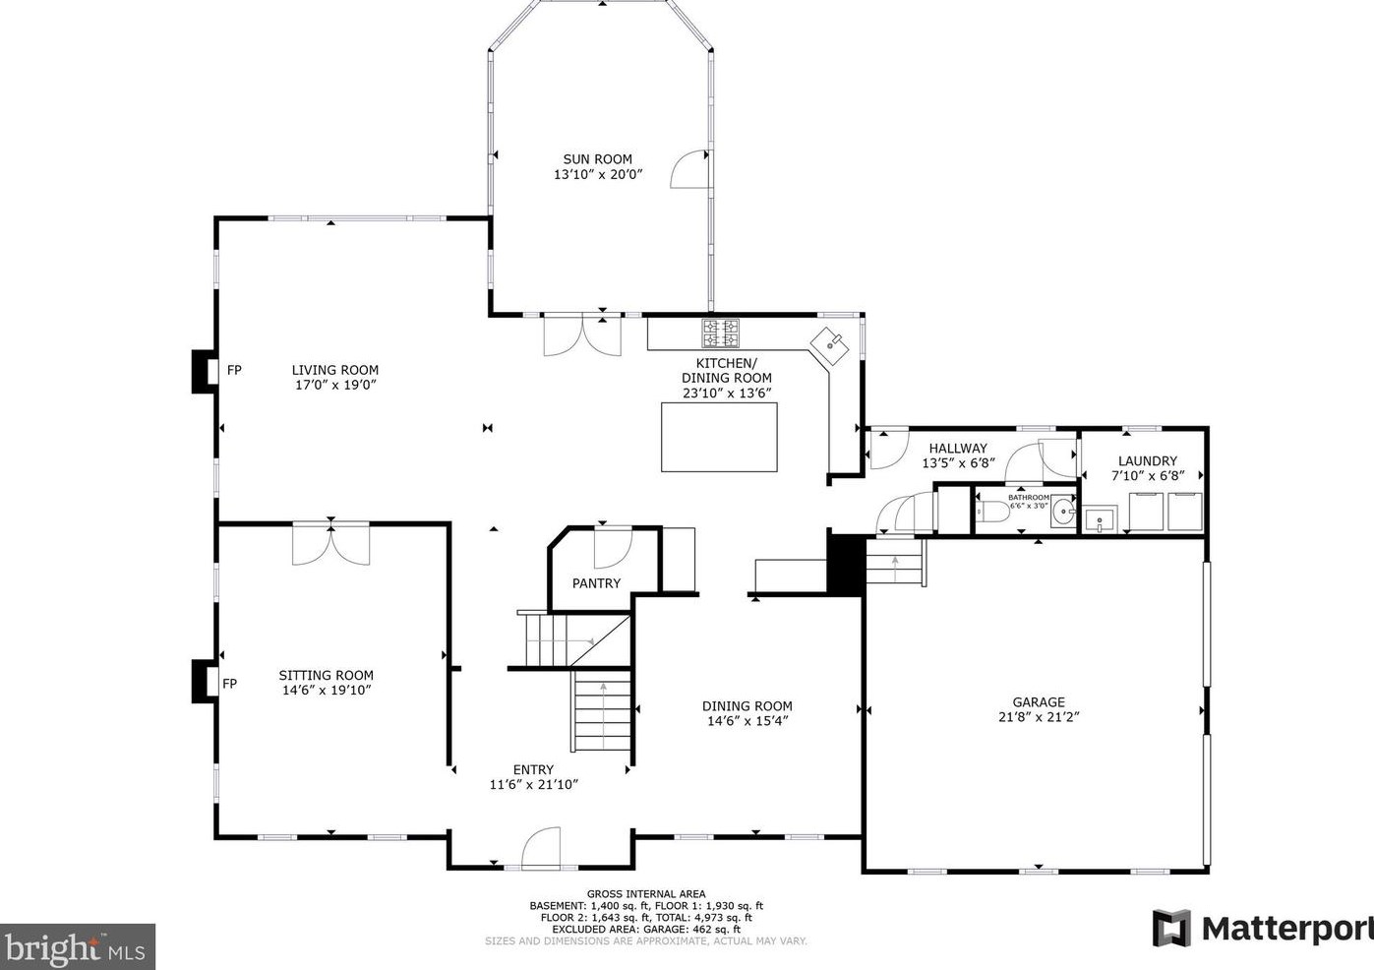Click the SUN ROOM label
597,159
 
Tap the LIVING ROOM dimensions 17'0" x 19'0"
334,385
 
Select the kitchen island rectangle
718,437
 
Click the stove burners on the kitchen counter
719,333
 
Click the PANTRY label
596,583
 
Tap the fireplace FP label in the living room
234,371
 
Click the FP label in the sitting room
229,684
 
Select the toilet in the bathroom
992,512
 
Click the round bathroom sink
1063,513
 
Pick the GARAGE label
1039,702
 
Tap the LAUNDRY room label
1147,460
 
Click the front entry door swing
540,849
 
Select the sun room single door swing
689,169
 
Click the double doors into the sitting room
330,544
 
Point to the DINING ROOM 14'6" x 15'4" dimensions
747,720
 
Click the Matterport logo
1262,928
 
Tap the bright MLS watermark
77,947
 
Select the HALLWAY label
957,448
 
